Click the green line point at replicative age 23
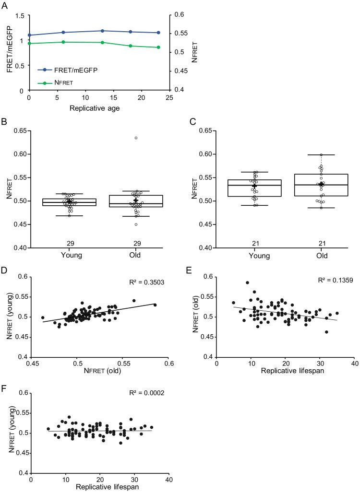point(158,47)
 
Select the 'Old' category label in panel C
point(322,256)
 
